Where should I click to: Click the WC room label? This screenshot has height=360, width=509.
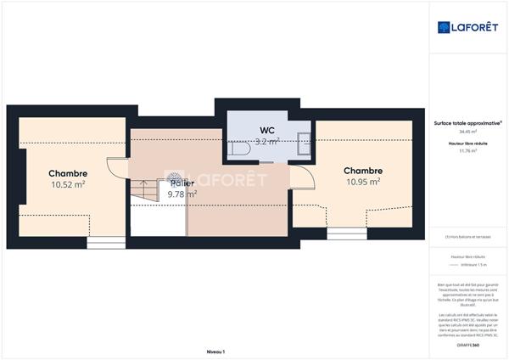(267, 130)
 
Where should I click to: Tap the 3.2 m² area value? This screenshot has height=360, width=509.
(269, 141)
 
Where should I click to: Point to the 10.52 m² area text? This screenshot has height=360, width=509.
(67, 183)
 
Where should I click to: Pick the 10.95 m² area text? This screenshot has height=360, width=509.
(362, 181)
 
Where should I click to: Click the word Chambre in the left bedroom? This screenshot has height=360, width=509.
(68, 173)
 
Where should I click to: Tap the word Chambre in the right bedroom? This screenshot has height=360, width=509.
(362, 170)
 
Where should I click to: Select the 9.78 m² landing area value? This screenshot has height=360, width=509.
(182, 194)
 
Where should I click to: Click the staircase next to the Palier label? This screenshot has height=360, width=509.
(144, 190)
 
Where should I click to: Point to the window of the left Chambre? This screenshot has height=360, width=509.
(104, 243)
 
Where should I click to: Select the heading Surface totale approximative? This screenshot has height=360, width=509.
(467, 123)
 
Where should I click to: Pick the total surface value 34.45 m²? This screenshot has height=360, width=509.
(467, 132)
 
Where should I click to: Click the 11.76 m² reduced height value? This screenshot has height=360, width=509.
(467, 151)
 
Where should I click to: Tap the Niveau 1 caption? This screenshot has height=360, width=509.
(215, 351)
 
